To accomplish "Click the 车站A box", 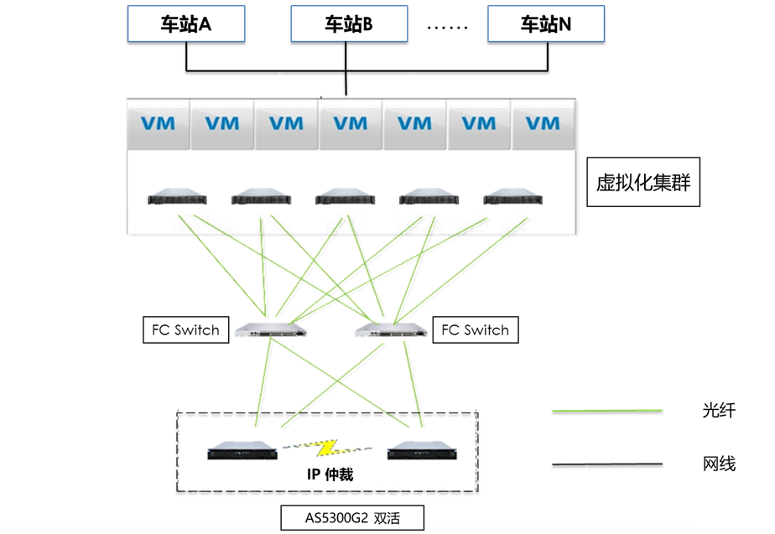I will [x=185, y=23].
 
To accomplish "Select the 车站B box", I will [x=348, y=23].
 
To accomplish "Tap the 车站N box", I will [x=546, y=23].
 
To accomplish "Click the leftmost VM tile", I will [x=158, y=124].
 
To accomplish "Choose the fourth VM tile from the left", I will [x=350, y=124].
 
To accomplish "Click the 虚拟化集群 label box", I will [x=643, y=182].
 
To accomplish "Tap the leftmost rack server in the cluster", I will [x=175, y=199].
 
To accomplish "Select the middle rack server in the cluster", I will [x=344, y=199].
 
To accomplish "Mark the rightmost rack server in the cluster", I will [x=512, y=199].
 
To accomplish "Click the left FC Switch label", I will [x=185, y=329].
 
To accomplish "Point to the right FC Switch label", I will [x=475, y=329].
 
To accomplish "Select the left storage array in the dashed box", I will [x=242, y=451].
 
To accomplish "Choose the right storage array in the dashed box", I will [x=423, y=451].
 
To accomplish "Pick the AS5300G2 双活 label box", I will [x=351, y=518].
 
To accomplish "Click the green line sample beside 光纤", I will [x=607, y=412].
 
